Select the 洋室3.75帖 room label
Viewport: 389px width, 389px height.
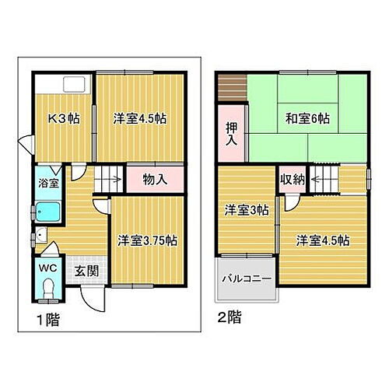pyautogui.click(x=148, y=240)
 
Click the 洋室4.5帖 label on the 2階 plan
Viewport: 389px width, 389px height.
pyautogui.click(x=321, y=240)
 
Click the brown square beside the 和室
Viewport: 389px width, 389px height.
pyautogui.click(x=230, y=86)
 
